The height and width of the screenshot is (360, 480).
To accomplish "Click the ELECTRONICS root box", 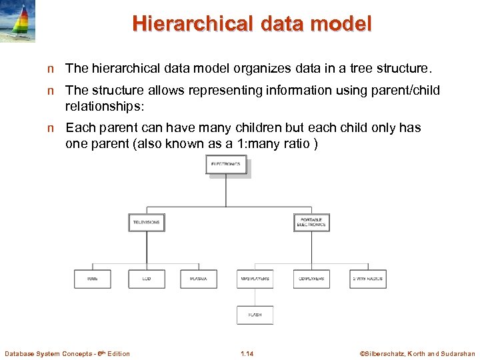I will pos(227,165).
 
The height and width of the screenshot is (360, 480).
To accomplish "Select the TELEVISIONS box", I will pos(146,222).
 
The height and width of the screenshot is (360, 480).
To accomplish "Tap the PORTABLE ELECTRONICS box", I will pos(311,222).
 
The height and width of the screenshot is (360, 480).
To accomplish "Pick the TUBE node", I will pos(92,279).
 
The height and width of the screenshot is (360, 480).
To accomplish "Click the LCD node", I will pos(146,279).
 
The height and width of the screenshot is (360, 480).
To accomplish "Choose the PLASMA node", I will pos(198,279).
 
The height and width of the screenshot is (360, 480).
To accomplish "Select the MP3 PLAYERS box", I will pos(255,279).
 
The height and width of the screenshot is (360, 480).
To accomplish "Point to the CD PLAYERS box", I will pos(311,279).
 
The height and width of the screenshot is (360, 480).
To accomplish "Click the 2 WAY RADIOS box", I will pos(368,279).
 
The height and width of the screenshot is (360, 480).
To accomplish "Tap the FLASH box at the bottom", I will pos(255,315).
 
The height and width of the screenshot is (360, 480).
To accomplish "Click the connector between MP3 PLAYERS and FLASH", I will pos(255,297).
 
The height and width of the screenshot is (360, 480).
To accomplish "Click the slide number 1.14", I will pos(247,353).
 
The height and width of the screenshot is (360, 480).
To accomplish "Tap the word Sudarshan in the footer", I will pos(459,353).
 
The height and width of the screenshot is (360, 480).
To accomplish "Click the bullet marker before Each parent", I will pos(51,128).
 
